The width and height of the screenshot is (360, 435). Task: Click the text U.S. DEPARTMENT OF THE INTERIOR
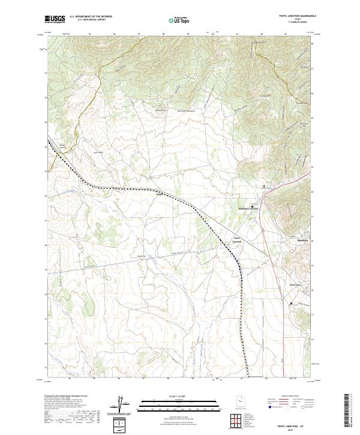coord(91,17)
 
